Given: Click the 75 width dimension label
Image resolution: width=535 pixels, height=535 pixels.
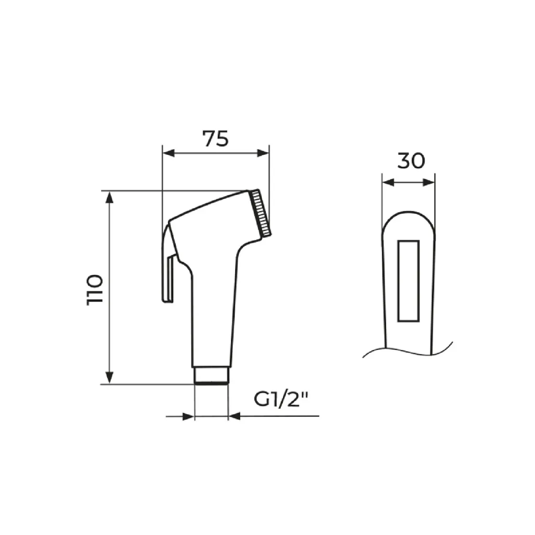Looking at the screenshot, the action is click(215, 139).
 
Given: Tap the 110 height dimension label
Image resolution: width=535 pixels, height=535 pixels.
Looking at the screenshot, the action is click(95, 289).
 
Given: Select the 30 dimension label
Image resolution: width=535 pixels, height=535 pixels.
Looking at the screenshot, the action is click(411, 160).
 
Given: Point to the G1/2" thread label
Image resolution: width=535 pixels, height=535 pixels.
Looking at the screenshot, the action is click(281, 399).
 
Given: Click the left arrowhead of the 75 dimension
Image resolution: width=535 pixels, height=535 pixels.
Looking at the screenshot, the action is click(169, 153).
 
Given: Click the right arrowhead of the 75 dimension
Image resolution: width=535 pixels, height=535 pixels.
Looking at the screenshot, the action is click(263, 153).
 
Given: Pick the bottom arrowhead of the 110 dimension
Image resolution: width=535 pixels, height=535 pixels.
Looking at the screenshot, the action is click(109, 378).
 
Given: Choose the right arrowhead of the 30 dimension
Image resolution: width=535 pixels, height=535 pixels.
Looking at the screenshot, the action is click(429, 183).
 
